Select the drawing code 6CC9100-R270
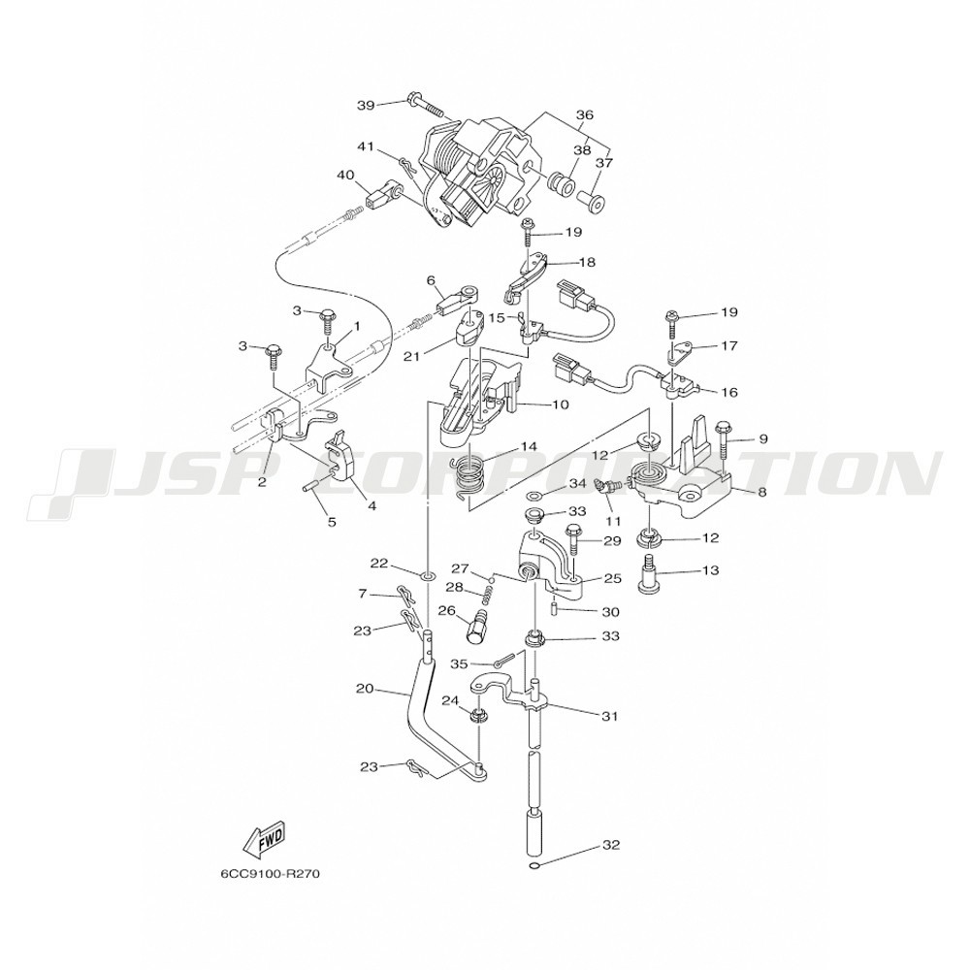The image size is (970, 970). (x=270, y=872)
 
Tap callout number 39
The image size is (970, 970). (x=366, y=104)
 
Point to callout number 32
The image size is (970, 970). (x=610, y=845)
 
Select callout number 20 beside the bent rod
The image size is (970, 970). (x=365, y=689)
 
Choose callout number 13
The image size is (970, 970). (x=711, y=570)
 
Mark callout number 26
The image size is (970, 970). (x=447, y=610)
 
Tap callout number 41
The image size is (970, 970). (x=366, y=146)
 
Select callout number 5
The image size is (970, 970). (x=332, y=522)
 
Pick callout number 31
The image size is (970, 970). (x=609, y=717)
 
